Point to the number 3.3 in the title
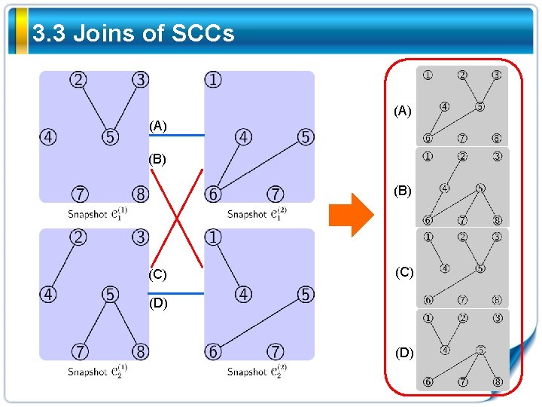pos(50,33)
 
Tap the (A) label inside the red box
pos(403,111)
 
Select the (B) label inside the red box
pos(403,191)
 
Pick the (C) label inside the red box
pos(404,272)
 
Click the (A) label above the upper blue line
pos(158,126)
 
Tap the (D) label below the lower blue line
pos(158,304)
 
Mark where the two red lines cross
pos(177,218)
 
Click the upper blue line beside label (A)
pos(177,135)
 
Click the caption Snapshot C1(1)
pos(98,214)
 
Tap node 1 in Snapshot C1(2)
pos(215,80)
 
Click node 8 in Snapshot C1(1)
pos(141,194)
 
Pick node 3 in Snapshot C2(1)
pos(141,238)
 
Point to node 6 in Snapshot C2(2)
pos(214,352)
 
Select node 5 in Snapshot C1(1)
pos(111,137)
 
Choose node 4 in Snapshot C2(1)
pos(48,295)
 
